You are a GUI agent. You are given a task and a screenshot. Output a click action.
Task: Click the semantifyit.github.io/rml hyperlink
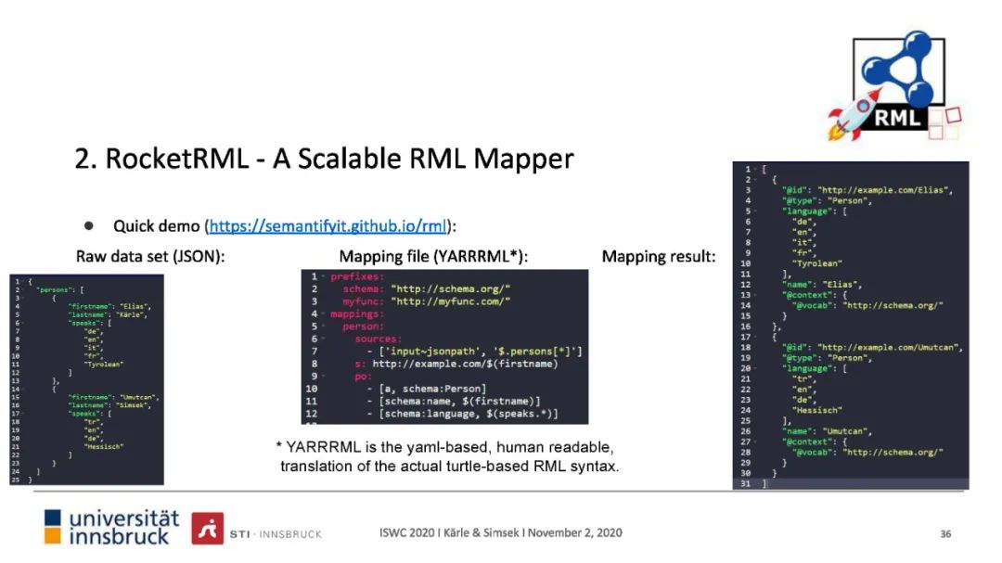328,226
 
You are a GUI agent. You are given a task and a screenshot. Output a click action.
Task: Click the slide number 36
945,533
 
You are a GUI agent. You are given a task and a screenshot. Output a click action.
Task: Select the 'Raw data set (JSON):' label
149,257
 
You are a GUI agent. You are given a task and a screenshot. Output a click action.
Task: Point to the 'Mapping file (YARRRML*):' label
440,257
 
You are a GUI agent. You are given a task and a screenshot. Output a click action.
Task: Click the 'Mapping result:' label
659,257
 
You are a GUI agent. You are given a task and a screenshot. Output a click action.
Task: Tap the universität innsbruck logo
112,527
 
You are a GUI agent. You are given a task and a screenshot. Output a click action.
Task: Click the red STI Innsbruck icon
207,528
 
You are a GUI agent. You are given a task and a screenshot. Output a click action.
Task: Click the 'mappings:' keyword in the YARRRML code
357,314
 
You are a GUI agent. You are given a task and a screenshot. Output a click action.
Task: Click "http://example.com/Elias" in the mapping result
885,190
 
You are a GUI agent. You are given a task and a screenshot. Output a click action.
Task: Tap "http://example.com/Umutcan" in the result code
890,348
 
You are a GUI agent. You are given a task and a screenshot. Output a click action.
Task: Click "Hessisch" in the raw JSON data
105,446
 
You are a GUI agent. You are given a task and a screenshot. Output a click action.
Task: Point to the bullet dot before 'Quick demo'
90,225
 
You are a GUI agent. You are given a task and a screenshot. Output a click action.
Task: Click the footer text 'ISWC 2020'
408,533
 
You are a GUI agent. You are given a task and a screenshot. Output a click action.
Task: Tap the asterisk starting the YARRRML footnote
279,446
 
